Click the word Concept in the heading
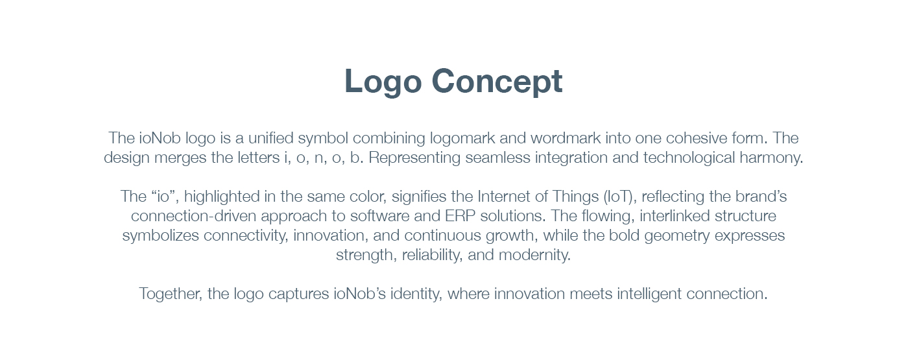[x=497, y=82]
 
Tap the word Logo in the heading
[x=383, y=82]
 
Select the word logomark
[x=462, y=139]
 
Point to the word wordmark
[x=566, y=138]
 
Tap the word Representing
[x=414, y=158]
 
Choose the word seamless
[x=498, y=158]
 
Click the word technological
[x=689, y=158]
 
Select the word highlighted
[x=222, y=197]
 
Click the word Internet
[x=504, y=197]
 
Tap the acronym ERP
[x=460, y=216]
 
